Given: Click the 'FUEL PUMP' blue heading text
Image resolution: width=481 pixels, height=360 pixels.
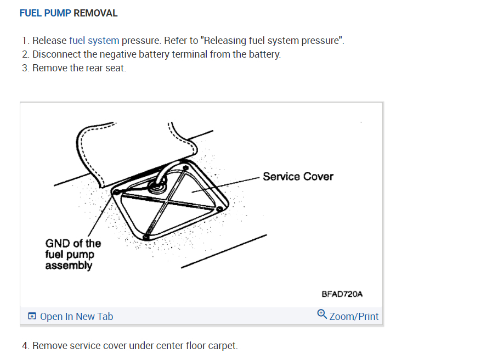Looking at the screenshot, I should tap(45, 13).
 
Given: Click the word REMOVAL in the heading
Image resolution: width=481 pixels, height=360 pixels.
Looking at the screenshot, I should tap(95, 13).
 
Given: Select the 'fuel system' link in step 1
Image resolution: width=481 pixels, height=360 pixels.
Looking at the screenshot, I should tap(94, 41).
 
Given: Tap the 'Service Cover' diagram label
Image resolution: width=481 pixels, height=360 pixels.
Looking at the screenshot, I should tap(298, 177).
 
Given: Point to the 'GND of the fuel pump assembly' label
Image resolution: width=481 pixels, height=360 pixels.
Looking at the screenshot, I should tap(73, 254).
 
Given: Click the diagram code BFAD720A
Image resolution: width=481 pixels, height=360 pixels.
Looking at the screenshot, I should tap(342, 294).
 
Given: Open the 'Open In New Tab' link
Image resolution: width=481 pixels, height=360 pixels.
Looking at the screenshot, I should tap(76, 317).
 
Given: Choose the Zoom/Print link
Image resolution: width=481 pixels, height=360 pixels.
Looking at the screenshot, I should tap(354, 317).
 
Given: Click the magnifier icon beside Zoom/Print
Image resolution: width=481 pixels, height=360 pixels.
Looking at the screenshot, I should tap(322, 314).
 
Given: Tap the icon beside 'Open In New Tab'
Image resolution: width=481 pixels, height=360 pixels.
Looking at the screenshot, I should tap(32, 317).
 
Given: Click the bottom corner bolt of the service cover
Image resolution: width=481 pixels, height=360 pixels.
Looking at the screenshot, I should tap(145, 237).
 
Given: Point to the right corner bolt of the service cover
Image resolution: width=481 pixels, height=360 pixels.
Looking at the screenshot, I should tap(219, 209).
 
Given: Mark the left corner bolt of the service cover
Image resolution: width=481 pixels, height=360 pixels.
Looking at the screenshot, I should tap(117, 192).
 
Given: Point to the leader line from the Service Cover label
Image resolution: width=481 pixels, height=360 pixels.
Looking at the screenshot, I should tap(230, 184).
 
